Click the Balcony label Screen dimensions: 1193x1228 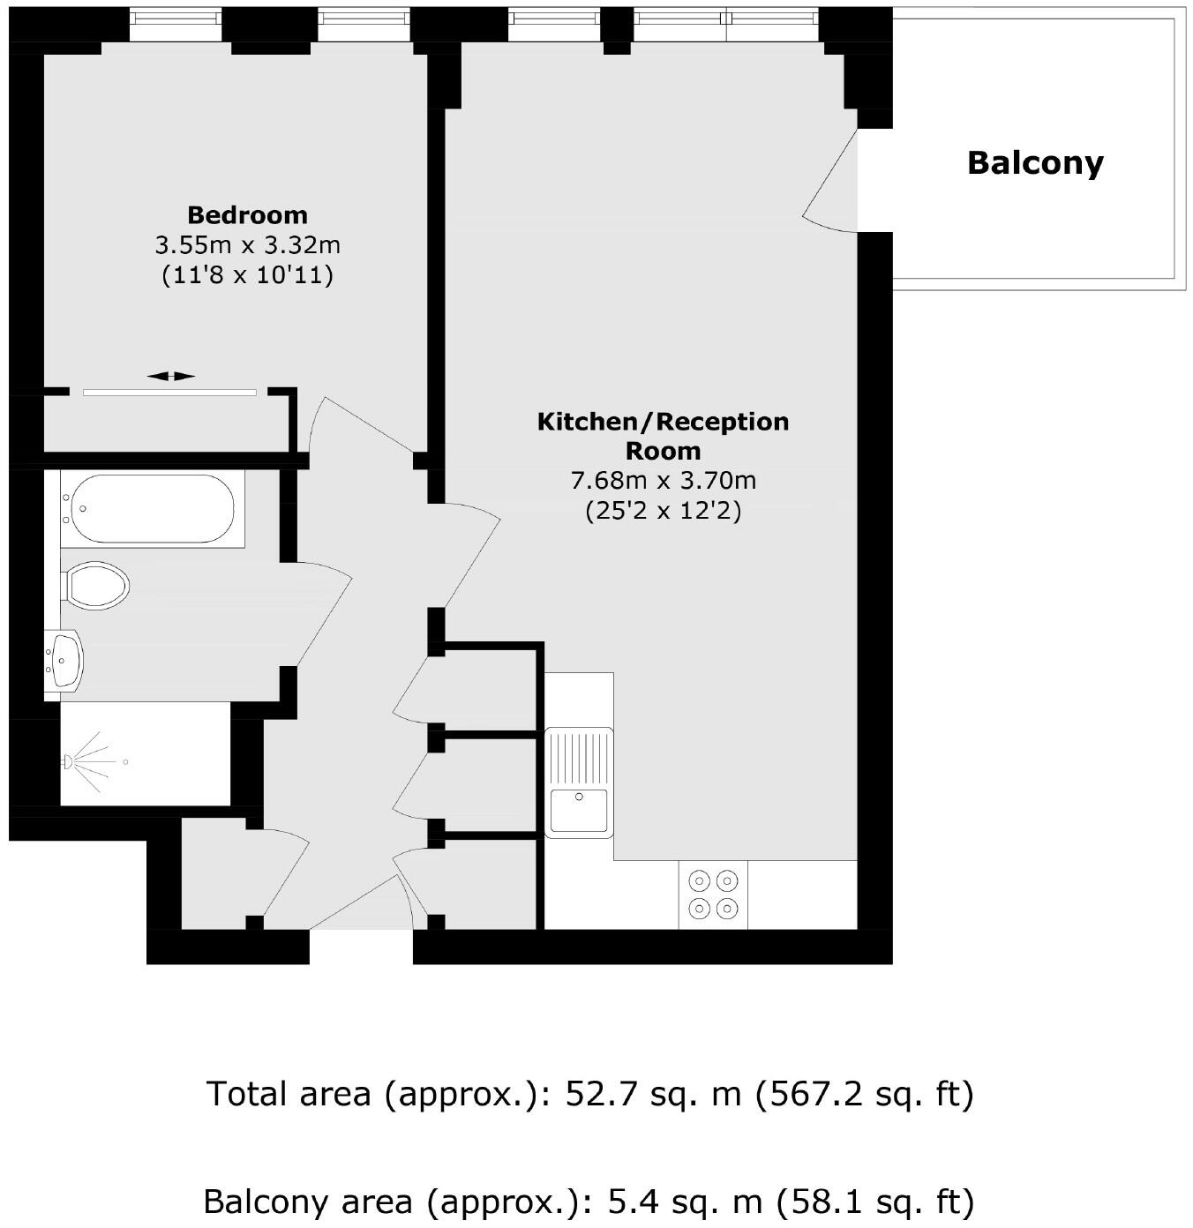click(x=1035, y=163)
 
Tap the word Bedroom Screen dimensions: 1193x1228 click(x=247, y=216)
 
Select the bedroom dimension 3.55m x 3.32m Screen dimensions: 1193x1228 click(x=247, y=245)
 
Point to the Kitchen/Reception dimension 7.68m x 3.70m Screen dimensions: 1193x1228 click(x=664, y=481)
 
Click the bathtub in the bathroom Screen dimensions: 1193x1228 click(x=153, y=508)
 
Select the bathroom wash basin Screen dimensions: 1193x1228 click(x=64, y=661)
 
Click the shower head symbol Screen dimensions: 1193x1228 click(x=88, y=761)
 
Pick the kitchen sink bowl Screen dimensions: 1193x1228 click(x=579, y=809)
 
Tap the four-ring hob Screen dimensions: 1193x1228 click(x=713, y=895)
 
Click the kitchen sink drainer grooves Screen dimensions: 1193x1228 click(x=579, y=756)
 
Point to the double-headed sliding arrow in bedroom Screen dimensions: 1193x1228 click(x=171, y=376)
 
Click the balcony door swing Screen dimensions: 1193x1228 click(x=829, y=181)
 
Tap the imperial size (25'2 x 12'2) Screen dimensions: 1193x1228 click(x=664, y=511)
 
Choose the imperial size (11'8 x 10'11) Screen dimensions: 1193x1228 click(x=247, y=275)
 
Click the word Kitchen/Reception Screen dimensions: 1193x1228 click(x=664, y=422)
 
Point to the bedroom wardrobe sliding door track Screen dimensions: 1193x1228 click(x=169, y=393)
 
